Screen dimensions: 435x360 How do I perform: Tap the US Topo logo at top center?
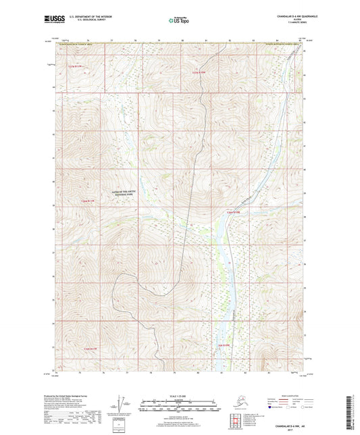point(174,20)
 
